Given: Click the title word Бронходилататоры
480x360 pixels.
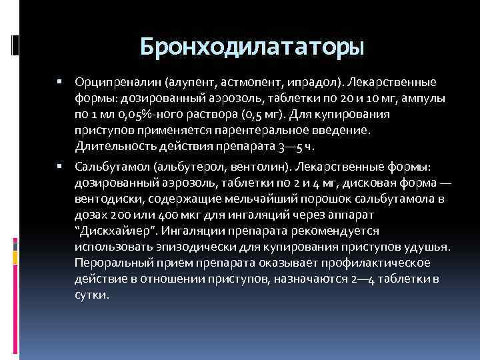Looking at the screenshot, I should pos(252,47).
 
